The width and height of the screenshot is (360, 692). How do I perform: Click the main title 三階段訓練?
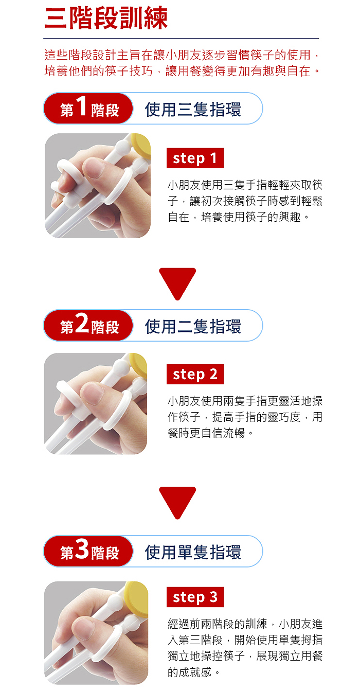pos(106,18)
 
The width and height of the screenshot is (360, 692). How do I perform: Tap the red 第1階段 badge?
pos(88,109)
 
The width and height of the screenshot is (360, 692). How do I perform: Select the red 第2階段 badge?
pos(88,325)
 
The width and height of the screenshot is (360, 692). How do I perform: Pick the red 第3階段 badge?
pos(88,551)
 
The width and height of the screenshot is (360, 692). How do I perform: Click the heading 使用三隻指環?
pos(193,110)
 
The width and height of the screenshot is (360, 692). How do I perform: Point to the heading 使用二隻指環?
pos(193,326)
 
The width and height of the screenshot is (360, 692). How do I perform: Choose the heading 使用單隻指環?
pos(193,552)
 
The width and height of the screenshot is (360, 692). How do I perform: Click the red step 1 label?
pos(195,158)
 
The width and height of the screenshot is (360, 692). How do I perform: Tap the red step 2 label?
pos(195,374)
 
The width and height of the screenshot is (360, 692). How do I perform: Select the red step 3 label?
pos(195,597)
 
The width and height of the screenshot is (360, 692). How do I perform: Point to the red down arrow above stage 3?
pos(177,503)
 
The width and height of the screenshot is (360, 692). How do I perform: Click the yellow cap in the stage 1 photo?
pos(141,145)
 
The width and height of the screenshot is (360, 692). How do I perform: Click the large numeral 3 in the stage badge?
pos(82,548)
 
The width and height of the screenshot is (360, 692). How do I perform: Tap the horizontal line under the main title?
pos(181,38)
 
